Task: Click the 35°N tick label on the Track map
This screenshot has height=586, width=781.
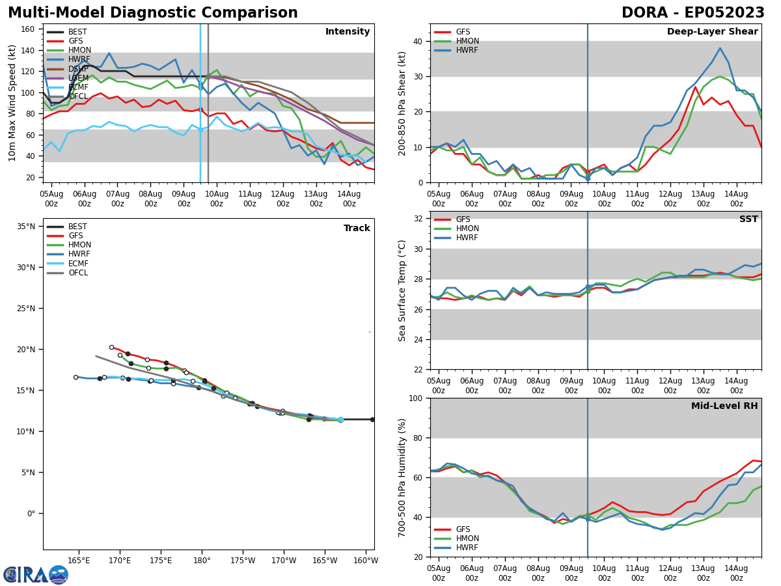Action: coord(26,227)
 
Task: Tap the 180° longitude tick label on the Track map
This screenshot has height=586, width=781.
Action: coord(202,561)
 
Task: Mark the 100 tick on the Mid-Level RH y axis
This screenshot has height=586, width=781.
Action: coord(417,398)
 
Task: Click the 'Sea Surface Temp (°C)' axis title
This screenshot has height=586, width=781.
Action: coord(403,290)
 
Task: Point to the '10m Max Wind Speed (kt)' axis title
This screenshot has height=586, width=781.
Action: coord(12,103)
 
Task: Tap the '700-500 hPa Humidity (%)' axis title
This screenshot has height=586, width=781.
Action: coord(403,477)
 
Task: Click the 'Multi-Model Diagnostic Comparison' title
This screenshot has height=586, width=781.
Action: coord(153,13)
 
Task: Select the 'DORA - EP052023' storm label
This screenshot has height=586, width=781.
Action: coord(692,13)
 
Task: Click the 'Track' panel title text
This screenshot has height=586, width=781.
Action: coord(357,229)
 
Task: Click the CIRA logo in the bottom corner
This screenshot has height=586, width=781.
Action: coord(35,575)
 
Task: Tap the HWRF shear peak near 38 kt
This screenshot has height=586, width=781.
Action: coord(720,48)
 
